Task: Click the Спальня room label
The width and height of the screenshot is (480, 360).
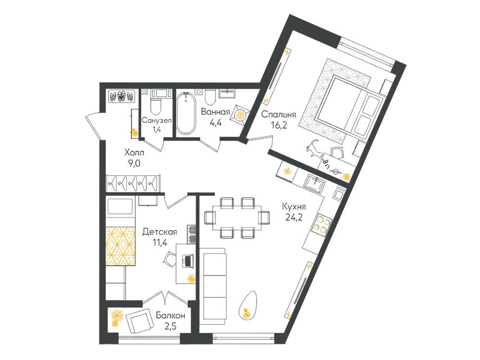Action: click(278, 115)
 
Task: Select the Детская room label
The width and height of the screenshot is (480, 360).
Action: click(159, 232)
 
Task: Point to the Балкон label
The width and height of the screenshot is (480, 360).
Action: click(170, 315)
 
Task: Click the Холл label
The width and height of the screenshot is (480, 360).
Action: click(134, 153)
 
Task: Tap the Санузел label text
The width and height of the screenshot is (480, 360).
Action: click(156, 120)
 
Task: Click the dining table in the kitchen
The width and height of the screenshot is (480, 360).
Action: click(237, 217)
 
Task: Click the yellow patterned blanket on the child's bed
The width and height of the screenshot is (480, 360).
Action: click(120, 246)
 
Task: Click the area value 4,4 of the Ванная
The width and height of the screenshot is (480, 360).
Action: click(215, 122)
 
